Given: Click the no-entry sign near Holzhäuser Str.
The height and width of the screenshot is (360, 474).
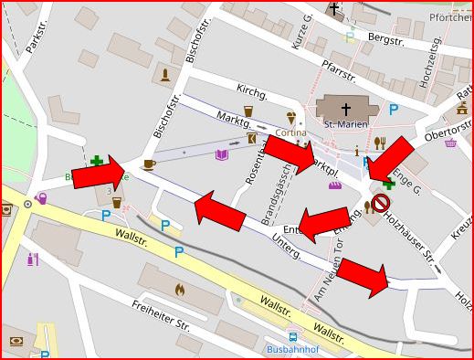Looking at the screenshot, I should pos(381,203).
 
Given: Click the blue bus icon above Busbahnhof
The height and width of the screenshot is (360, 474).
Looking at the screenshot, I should pos(291,336).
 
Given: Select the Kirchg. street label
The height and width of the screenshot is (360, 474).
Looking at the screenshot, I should pos(251,94).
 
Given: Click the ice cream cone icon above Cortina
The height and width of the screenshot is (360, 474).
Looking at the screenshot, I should pos(291,117).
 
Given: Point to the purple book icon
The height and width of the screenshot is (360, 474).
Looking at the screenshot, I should pos(221,155).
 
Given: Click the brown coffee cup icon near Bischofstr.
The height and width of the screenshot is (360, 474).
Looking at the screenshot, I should pos(149,164).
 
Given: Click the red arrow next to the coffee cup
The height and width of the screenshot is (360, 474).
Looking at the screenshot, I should pos(98,173).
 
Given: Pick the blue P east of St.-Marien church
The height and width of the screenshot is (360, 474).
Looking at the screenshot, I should pos(394,109).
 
